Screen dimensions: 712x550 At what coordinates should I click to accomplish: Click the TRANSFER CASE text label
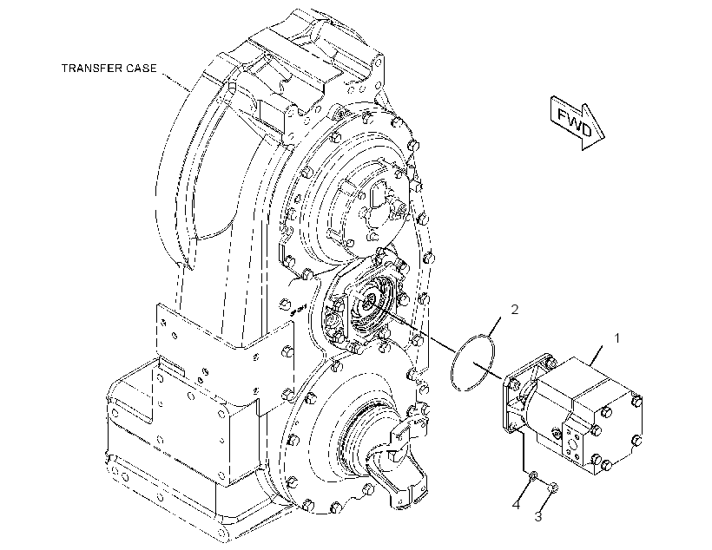click(x=109, y=68)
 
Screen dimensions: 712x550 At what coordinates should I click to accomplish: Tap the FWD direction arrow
click(x=577, y=122)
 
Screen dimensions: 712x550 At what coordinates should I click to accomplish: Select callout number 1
click(x=616, y=338)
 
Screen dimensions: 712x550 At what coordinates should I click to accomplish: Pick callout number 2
click(x=515, y=310)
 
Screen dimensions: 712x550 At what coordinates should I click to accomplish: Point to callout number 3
click(x=538, y=516)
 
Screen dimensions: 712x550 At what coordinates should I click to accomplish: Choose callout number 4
click(x=516, y=505)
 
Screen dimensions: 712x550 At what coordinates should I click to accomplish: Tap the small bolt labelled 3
click(x=553, y=488)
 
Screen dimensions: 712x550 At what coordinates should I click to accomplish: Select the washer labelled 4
click(x=533, y=475)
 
